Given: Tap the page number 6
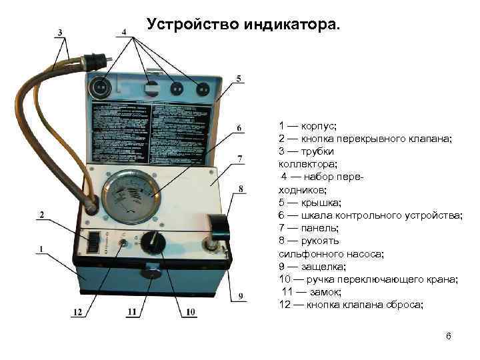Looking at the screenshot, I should pos(449,336).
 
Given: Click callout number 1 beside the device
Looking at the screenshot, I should pos(41,250).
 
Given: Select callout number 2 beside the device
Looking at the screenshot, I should pos(41,215).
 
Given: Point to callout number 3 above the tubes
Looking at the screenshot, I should pos(61,32).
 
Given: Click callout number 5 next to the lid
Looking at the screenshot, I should pos(239,79).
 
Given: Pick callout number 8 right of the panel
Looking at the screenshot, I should pos(241,189).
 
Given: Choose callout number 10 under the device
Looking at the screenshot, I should pos(191,311).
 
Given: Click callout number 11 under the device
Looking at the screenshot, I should pos(131,311).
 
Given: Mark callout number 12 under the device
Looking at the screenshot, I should pos(78,311).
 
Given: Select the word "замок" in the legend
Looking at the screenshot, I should pos(325,292).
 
